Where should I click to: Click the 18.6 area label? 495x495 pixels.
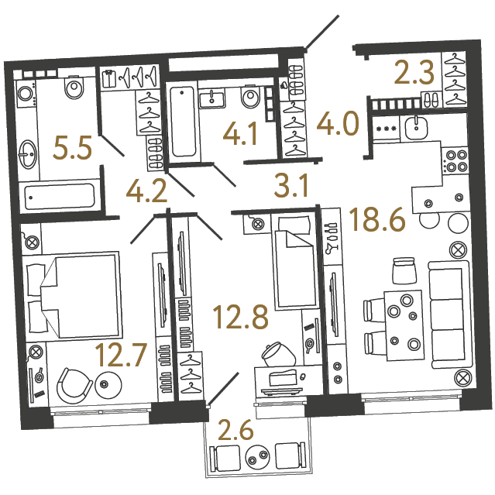click(x=377, y=219)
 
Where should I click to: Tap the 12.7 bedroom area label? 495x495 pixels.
click(x=121, y=355)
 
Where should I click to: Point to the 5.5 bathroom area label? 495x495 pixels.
click(x=72, y=147)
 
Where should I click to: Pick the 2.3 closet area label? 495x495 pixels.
click(x=414, y=73)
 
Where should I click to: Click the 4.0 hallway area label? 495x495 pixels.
click(x=338, y=123)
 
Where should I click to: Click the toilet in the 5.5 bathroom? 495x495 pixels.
click(x=74, y=86)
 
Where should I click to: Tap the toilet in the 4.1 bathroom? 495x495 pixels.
click(x=251, y=96)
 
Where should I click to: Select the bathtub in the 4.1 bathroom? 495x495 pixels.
click(x=183, y=122)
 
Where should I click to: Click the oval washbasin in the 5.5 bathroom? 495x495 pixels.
click(x=27, y=155)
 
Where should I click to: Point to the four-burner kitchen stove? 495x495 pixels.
click(x=455, y=160)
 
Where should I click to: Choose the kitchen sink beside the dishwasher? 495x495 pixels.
click(x=417, y=128)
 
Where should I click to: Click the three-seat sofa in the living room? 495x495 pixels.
click(x=449, y=315)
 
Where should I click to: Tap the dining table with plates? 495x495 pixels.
click(x=403, y=325)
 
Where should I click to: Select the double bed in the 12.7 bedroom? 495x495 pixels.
click(x=72, y=295)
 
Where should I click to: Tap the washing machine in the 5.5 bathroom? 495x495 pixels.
click(x=26, y=94)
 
